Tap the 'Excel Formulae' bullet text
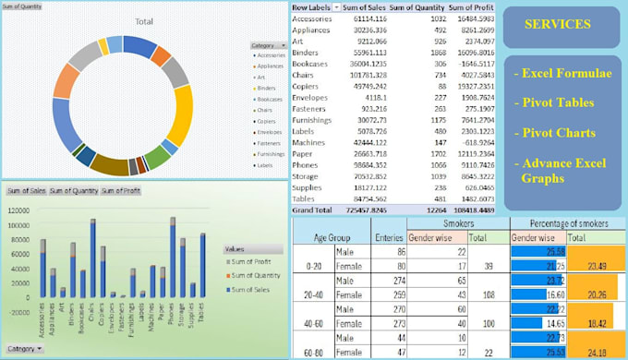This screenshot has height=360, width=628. pyautogui.click(x=562, y=73)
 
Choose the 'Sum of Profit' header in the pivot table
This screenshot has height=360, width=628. pyautogui.click(x=472, y=7)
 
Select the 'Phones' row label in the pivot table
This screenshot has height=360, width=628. pyautogui.click(x=305, y=164)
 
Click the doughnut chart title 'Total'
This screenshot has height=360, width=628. pyautogui.click(x=143, y=20)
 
